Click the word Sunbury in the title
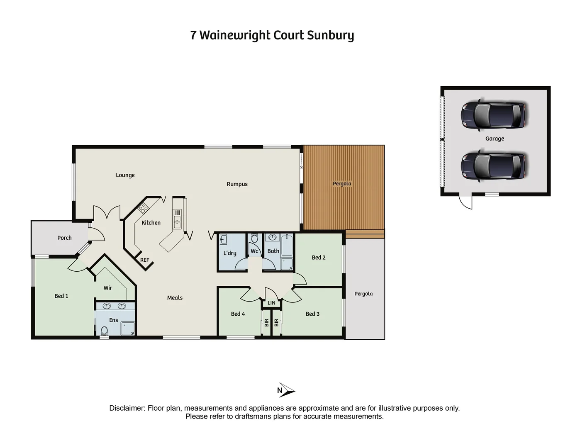pyautogui.click(x=330, y=36)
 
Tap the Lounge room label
pyautogui.click(x=125, y=175)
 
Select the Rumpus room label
pyautogui.click(x=237, y=184)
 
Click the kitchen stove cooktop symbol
pyautogui.click(x=144, y=208)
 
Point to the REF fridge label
pyautogui.click(x=144, y=260)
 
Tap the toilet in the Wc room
pyautogui.click(x=255, y=238)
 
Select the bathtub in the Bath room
pyautogui.click(x=287, y=245)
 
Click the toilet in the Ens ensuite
pyautogui.click(x=104, y=331)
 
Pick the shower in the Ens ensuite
pyautogui.click(x=127, y=329)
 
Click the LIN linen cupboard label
pyautogui.click(x=271, y=303)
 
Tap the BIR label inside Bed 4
pyautogui.click(x=267, y=322)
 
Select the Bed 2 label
pyautogui.click(x=319, y=258)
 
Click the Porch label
pyautogui.click(x=64, y=238)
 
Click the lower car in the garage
pyautogui.click(x=494, y=166)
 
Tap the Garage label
pyautogui.click(x=495, y=139)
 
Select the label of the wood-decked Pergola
pyautogui.click(x=342, y=183)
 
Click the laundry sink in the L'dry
pyautogui.click(x=223, y=239)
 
